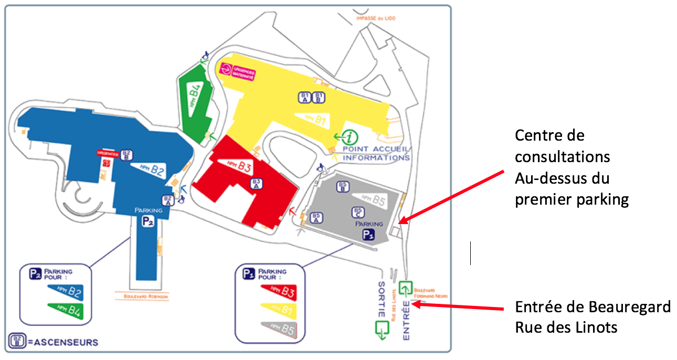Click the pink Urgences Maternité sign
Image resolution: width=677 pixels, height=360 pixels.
coord(236,71)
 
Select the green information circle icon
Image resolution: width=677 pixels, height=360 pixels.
coord(350,137)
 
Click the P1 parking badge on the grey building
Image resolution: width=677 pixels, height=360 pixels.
coord(369,234)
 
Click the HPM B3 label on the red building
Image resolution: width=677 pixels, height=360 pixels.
coord(238,167)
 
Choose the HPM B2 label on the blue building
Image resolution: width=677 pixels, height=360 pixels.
coord(149,170)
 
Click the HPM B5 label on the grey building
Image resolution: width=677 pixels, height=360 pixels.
coord(373,199)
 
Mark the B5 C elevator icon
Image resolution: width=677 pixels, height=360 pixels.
coord(357,212)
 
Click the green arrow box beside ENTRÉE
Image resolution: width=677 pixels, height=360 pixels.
coord(405,288)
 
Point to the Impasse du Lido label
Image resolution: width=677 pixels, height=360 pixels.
coord(375,18)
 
